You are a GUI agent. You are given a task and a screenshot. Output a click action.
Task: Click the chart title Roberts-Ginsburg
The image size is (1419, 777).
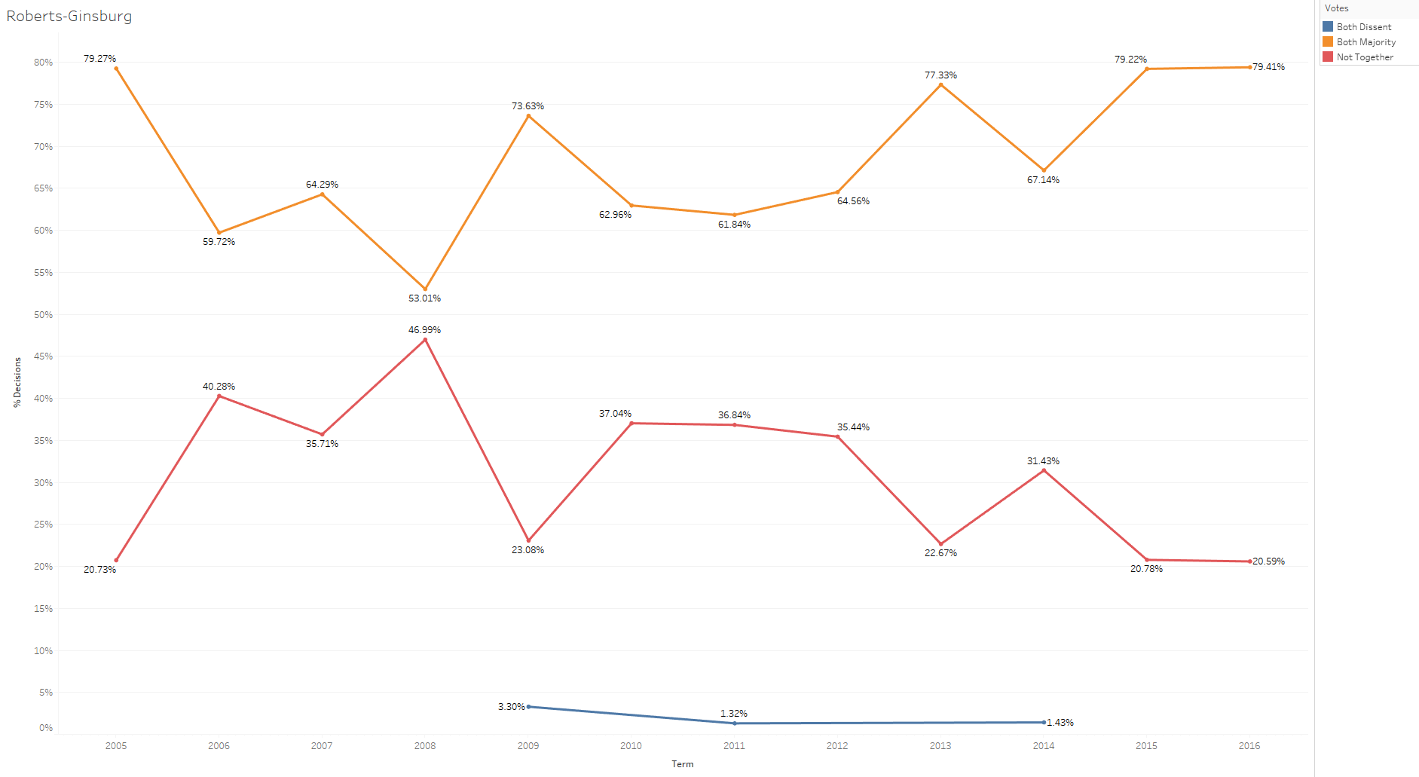click(69, 16)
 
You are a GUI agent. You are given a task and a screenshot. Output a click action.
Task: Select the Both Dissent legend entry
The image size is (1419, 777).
click(1363, 27)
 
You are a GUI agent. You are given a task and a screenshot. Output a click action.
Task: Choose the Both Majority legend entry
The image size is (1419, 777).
click(1365, 42)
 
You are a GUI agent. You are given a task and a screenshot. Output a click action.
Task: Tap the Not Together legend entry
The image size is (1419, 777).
click(1364, 57)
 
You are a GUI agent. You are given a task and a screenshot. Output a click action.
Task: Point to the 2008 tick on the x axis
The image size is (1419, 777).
click(425, 745)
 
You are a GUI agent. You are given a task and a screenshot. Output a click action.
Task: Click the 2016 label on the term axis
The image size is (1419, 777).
click(1249, 745)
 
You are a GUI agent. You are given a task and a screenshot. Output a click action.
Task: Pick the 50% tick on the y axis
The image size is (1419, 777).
click(44, 315)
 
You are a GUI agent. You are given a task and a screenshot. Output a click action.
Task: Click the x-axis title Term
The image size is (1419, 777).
click(682, 763)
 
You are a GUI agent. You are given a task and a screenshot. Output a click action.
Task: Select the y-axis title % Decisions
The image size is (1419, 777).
click(17, 382)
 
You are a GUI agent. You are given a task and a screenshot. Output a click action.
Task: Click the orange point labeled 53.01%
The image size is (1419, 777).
click(425, 289)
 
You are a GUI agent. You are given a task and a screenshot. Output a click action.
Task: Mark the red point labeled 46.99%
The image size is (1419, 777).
click(425, 340)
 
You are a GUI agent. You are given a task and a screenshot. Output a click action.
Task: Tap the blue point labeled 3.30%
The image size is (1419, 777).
click(528, 707)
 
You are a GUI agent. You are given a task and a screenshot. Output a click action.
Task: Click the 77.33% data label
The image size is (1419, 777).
click(940, 75)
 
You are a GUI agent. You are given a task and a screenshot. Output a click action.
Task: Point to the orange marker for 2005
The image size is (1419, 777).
click(116, 69)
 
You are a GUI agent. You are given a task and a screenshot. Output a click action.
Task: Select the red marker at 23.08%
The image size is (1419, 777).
click(528, 540)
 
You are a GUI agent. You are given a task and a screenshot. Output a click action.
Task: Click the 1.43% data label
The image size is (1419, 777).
click(1060, 723)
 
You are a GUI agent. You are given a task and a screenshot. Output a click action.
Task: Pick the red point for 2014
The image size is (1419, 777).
click(1044, 470)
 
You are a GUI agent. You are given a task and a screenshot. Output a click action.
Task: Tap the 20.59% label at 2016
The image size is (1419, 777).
click(1268, 561)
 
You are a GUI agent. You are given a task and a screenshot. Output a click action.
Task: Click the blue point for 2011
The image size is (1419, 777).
click(735, 723)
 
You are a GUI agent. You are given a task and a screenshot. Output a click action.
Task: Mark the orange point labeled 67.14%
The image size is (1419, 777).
click(1044, 170)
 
